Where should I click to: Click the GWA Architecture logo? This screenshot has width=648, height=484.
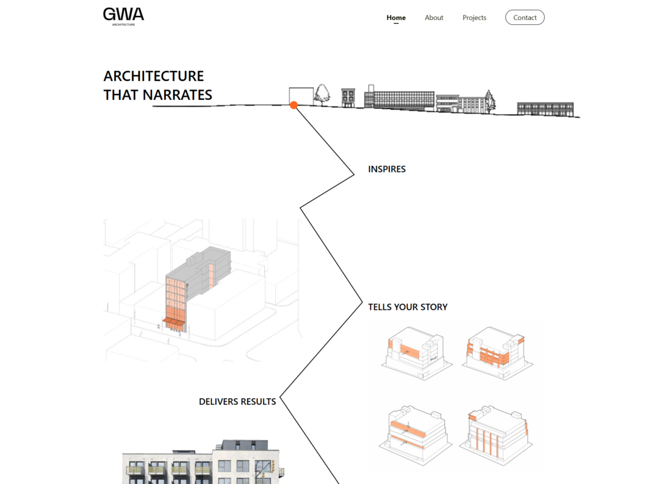[123, 16]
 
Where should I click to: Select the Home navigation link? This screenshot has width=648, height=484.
[396, 18]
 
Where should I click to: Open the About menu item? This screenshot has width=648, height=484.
[434, 18]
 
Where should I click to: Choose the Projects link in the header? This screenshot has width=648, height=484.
[474, 18]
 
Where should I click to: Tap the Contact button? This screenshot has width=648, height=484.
[525, 18]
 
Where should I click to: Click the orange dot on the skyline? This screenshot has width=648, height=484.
[293, 105]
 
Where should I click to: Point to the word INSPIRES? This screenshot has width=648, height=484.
[387, 169]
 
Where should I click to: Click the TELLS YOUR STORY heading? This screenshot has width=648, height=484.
[408, 307]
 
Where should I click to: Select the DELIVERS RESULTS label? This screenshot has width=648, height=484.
[237, 401]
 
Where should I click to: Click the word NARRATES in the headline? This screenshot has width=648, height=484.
[178, 95]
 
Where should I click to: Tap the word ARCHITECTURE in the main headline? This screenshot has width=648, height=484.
[154, 76]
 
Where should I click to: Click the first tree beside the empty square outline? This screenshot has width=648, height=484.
[322, 94]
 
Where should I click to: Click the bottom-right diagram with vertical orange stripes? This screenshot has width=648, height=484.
[497, 434]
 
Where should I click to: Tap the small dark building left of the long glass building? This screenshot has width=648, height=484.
[348, 98]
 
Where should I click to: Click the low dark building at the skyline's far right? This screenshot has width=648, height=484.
[545, 109]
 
